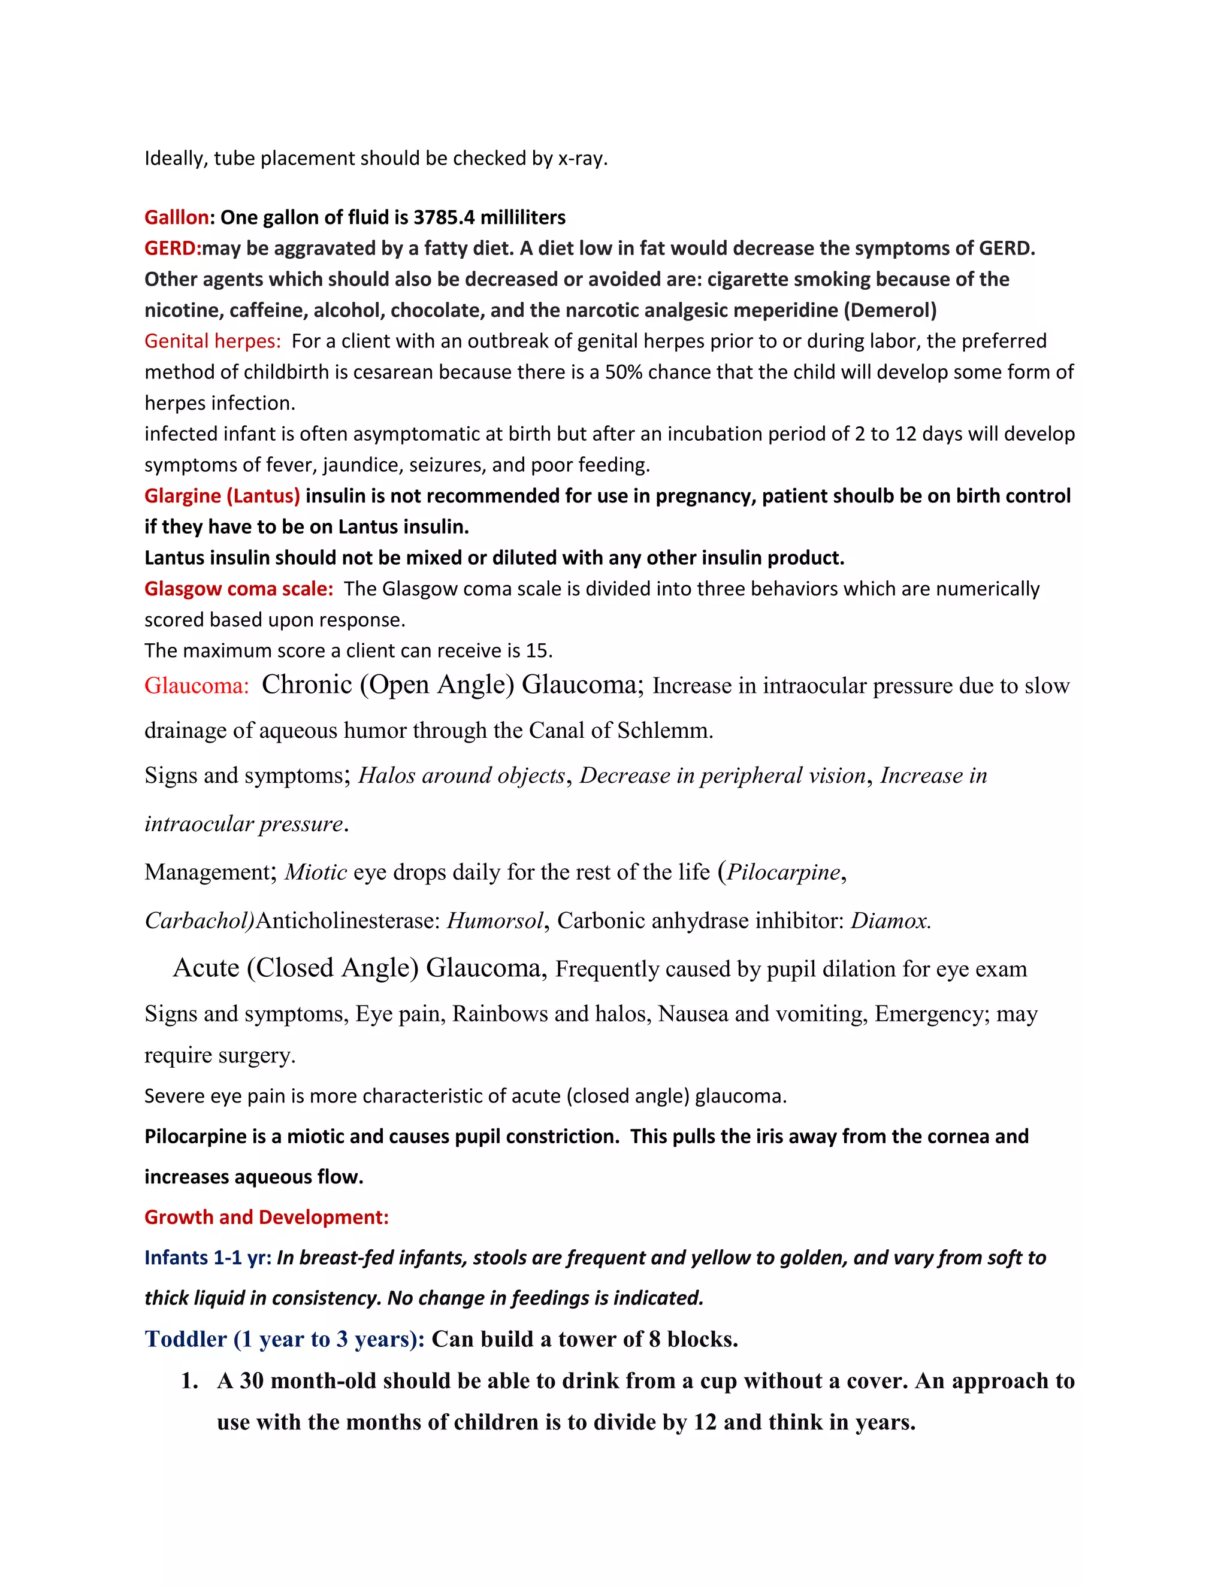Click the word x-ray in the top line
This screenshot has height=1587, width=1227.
coord(582,159)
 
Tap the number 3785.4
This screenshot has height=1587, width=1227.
coord(443,217)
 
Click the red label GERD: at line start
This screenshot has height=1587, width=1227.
coord(173,249)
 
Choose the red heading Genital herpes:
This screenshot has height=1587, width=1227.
coord(212,341)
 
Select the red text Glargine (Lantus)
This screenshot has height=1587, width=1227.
coord(222,496)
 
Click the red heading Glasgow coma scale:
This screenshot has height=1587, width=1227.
coord(238,589)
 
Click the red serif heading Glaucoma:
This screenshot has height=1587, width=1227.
coord(197,685)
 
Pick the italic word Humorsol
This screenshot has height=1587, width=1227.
coord(494,920)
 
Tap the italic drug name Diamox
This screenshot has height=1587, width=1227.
coord(890,920)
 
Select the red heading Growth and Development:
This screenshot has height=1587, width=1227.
coord(266,1217)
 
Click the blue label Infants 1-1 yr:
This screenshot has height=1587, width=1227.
coord(208,1258)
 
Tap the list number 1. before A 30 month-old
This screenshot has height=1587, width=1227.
coord(190,1380)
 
